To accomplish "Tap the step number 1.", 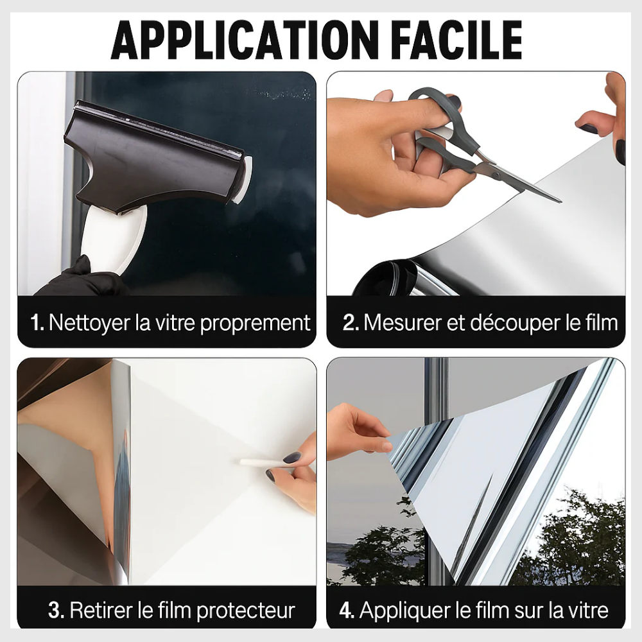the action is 37,323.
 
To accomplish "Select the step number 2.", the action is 351,323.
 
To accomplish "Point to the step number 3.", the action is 56,610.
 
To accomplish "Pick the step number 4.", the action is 347,610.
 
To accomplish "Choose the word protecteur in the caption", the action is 246,611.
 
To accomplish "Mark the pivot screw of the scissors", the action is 496,175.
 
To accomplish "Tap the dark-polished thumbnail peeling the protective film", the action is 292,457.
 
